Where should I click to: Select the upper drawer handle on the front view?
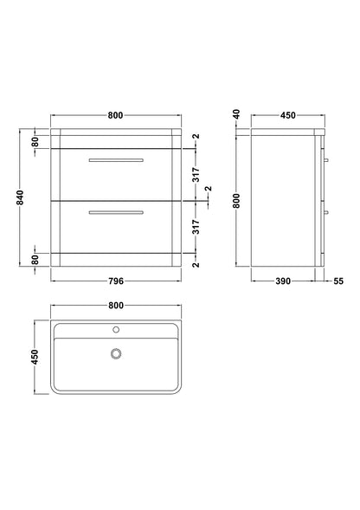(115, 161)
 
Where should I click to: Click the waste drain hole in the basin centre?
(115, 352)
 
